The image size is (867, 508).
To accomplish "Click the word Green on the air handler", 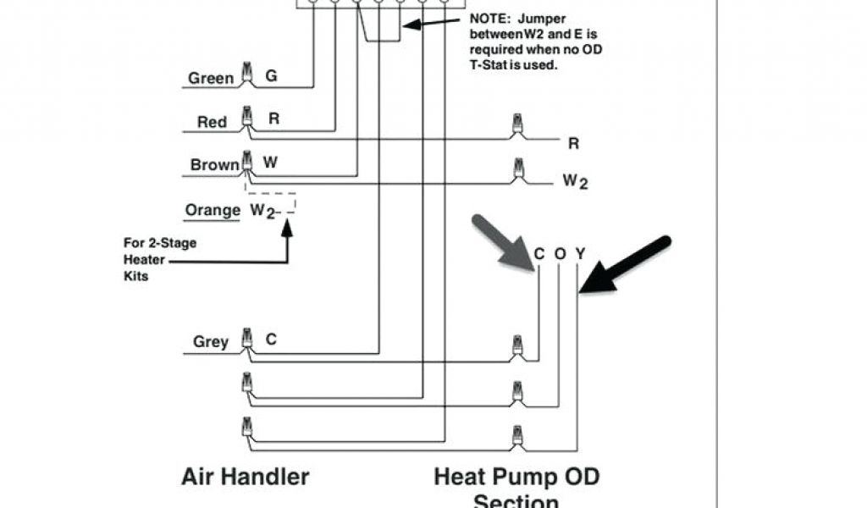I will pyautogui.click(x=211, y=79).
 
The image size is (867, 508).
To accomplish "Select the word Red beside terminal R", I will pyautogui.click(x=212, y=123).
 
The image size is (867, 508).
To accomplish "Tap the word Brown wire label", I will pyautogui.click(x=215, y=165).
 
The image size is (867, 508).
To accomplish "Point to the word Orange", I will pyautogui.click(x=213, y=209).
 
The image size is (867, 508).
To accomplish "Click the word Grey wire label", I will pyautogui.click(x=211, y=342).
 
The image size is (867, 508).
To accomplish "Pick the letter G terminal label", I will pyautogui.click(x=271, y=76).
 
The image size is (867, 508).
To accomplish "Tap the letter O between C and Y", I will pyautogui.click(x=560, y=253).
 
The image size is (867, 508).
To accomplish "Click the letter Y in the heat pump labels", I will pyautogui.click(x=580, y=253).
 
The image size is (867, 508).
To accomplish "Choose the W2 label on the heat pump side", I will pyautogui.click(x=575, y=182).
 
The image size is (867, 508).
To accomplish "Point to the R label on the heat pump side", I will pyautogui.click(x=573, y=144).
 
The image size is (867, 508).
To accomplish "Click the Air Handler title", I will pyautogui.click(x=245, y=476).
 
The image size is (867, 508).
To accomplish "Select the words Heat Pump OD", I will pyautogui.click(x=516, y=476).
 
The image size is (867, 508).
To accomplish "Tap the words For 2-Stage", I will pyautogui.click(x=160, y=243).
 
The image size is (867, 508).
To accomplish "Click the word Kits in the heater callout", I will pyautogui.click(x=135, y=276).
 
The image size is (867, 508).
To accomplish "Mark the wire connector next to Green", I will pyautogui.click(x=248, y=75).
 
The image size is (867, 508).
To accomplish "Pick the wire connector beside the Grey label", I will pyautogui.click(x=248, y=339).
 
